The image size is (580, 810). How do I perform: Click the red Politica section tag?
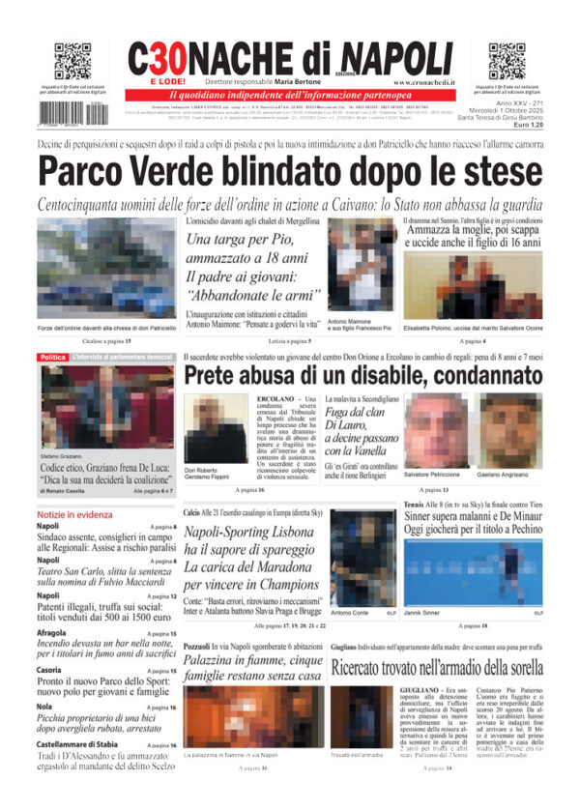tap(52, 358)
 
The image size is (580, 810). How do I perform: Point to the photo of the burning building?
tap(252, 715)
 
